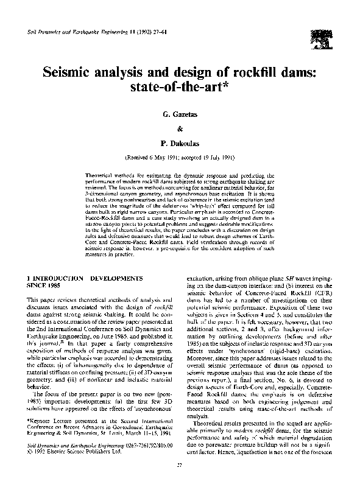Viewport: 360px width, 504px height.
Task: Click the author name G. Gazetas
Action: [x=180, y=114]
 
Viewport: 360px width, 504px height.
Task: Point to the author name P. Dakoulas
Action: [x=180, y=144]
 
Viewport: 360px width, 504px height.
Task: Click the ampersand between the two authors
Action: [x=180, y=129]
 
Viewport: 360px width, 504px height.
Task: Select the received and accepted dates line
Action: [x=180, y=157]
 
